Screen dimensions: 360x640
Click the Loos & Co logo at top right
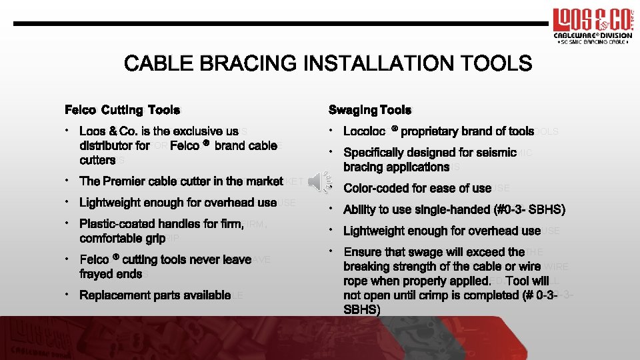(591, 25)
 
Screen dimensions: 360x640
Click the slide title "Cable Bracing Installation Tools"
(328, 64)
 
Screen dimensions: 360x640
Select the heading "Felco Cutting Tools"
(122, 109)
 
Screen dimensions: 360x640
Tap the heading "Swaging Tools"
(370, 109)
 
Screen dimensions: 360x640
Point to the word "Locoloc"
(364, 132)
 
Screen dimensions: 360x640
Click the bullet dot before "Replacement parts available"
(68, 295)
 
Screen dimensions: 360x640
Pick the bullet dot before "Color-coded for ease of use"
(332, 186)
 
